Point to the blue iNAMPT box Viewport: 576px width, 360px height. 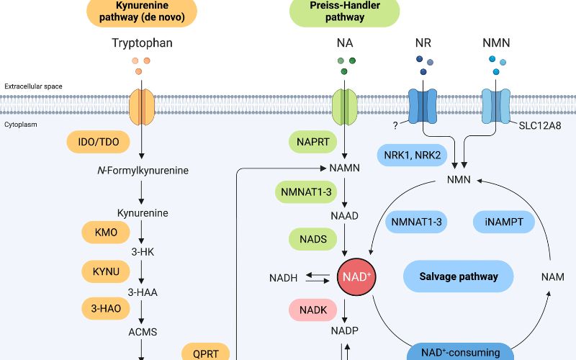tap(504, 222)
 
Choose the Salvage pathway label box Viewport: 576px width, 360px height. tap(458, 276)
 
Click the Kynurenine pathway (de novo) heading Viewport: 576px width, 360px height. tap(141, 12)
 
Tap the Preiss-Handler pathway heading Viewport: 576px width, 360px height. tap(344, 12)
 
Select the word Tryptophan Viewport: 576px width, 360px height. tap(142, 43)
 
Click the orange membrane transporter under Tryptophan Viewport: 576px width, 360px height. tap(142, 105)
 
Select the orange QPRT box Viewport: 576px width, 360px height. tap(210, 352)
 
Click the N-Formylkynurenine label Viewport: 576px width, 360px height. tap(142, 171)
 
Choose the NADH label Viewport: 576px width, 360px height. tap(284, 277)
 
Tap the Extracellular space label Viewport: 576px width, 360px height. tap(33, 86)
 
